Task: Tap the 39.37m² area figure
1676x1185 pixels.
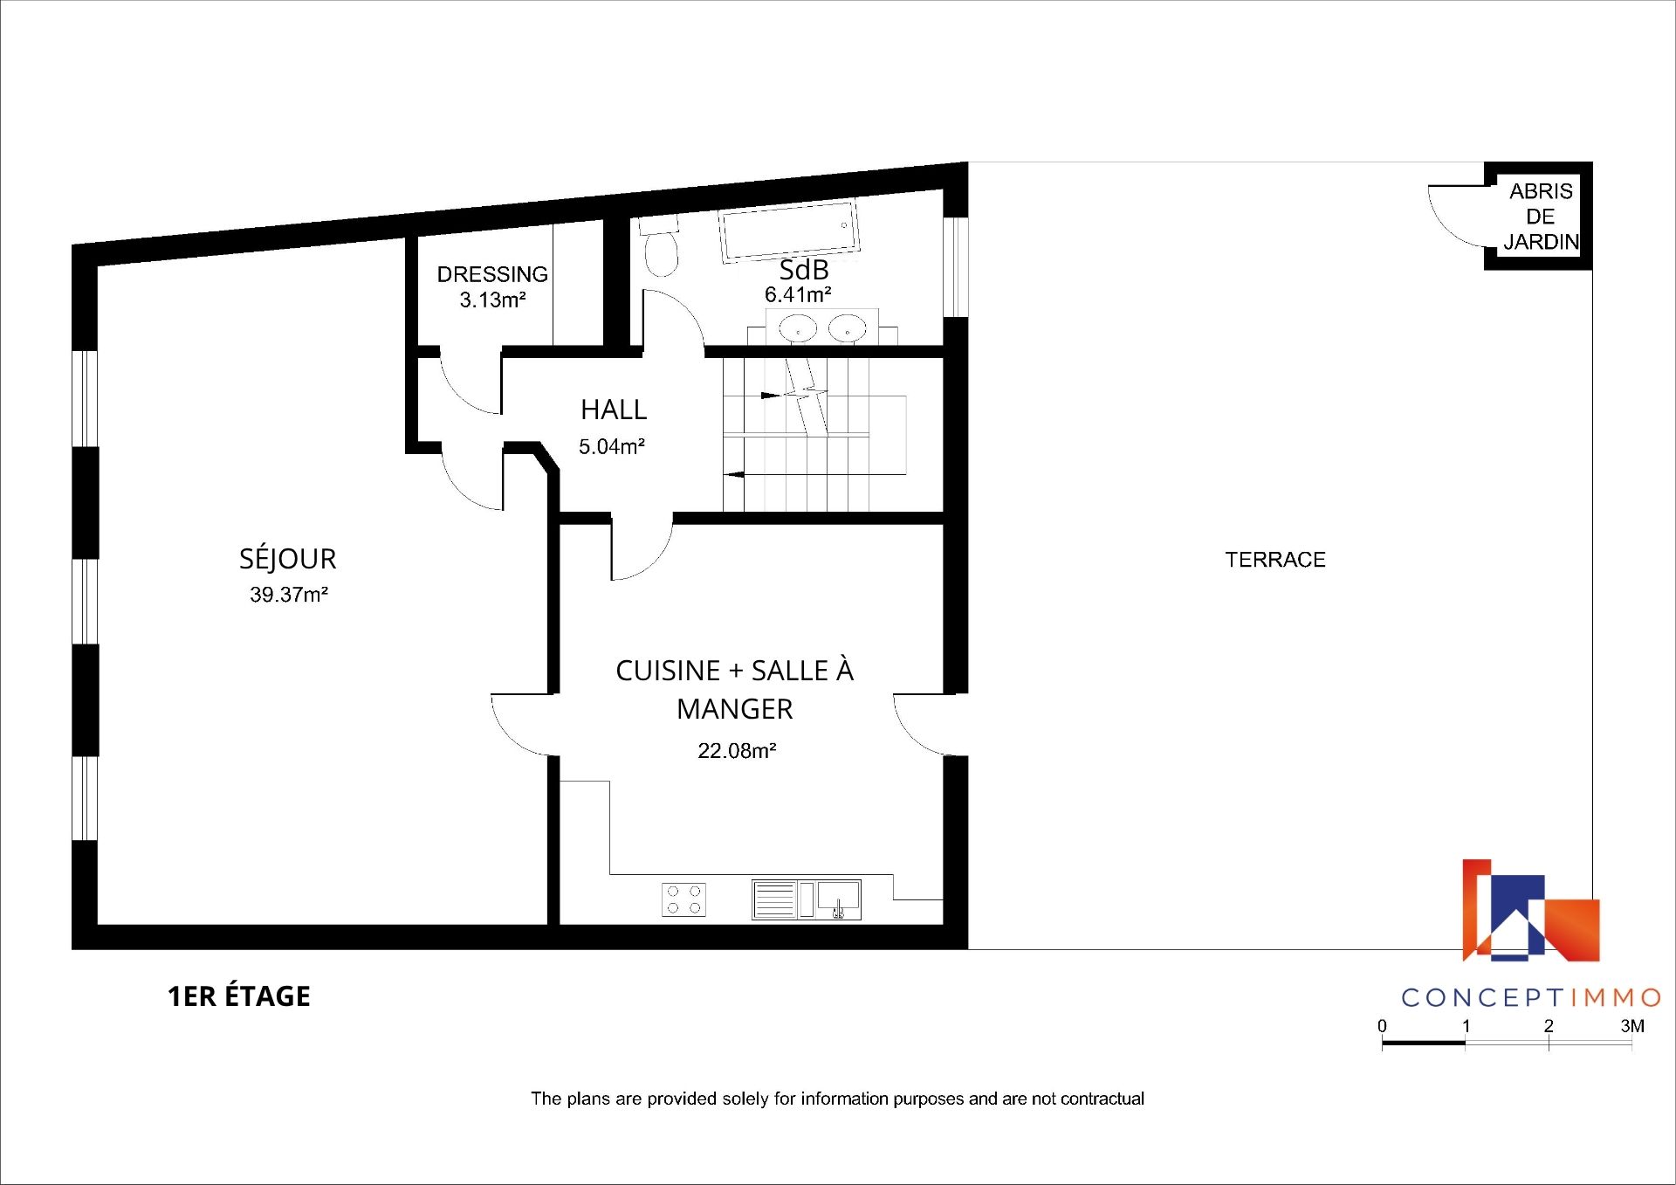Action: click(289, 595)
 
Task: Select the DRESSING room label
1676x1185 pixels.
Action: click(492, 274)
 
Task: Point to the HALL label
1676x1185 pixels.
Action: click(614, 410)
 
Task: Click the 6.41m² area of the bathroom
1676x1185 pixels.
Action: click(798, 295)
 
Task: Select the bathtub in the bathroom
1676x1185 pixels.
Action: click(788, 231)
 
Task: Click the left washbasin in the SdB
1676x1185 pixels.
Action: click(798, 329)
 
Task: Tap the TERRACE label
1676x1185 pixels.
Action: click(1275, 560)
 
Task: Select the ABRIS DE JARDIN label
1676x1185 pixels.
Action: click(1542, 217)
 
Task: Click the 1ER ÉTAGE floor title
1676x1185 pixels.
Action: click(239, 996)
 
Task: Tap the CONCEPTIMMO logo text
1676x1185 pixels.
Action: click(1531, 997)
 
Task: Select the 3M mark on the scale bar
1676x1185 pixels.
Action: click(1632, 1026)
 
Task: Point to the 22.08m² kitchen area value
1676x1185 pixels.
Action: click(737, 751)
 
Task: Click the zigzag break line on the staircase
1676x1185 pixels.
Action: click(806, 395)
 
